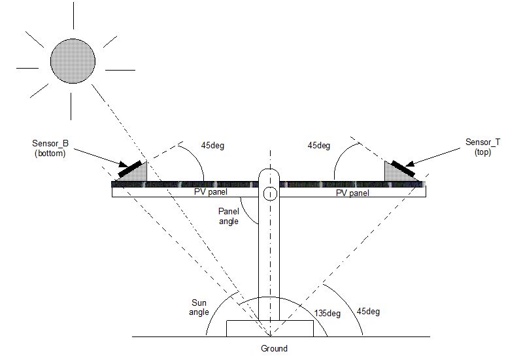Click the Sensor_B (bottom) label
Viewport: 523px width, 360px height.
point(50,148)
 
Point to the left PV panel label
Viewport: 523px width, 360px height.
point(210,193)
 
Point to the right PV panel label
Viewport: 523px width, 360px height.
point(352,193)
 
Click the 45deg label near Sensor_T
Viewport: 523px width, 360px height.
point(318,146)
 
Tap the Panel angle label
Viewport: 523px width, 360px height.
point(229,216)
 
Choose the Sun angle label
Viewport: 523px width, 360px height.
point(199,307)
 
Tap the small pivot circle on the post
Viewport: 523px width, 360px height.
point(270,194)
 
